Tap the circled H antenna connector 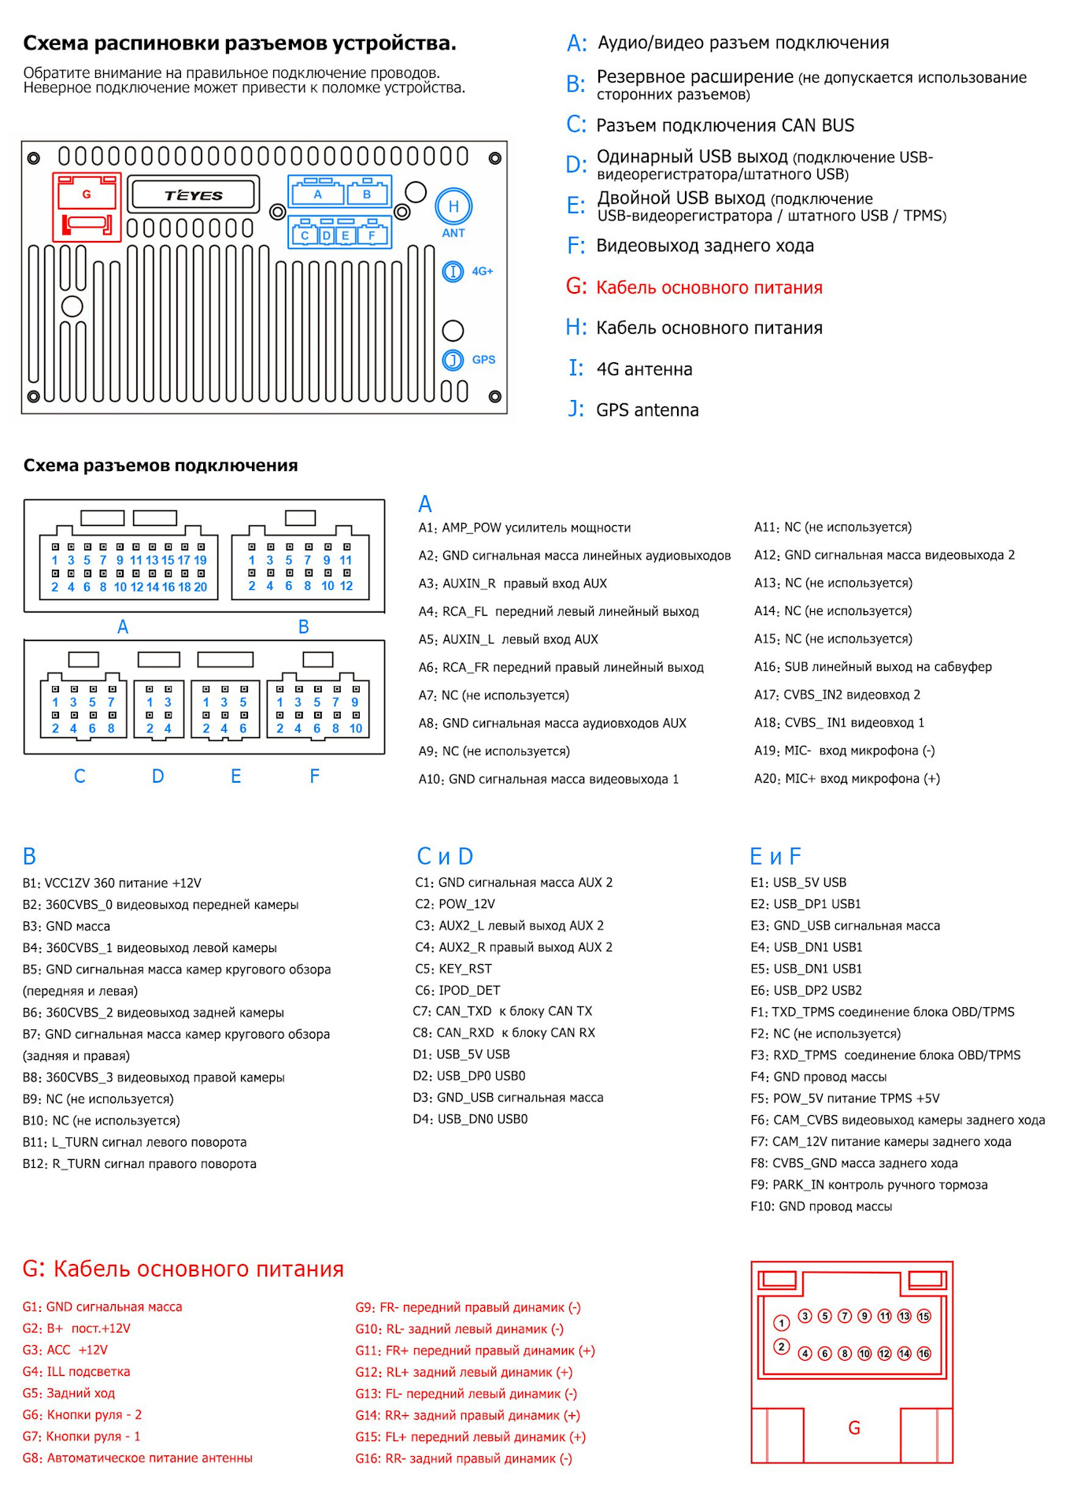(453, 207)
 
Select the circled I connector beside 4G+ (453, 272)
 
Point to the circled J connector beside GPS (453, 360)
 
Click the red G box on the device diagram (87, 206)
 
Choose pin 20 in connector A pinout (200, 587)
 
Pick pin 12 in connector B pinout (346, 586)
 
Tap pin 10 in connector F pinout (356, 728)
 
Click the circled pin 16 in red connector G (923, 1353)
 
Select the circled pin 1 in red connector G (781, 1322)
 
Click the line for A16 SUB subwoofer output (872, 667)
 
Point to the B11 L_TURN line (135, 1142)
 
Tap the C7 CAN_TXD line (502, 1011)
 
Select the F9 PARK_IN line (868, 1184)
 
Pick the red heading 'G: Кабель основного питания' (183, 1269)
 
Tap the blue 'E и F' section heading (775, 856)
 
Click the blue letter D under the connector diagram (158, 776)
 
